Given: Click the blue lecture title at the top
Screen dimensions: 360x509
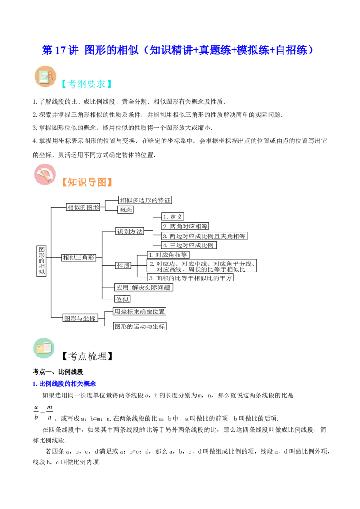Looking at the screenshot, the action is point(178,50).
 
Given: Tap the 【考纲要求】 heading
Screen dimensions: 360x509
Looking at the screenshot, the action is point(86,84).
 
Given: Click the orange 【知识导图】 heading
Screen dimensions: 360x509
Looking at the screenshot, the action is point(87,182).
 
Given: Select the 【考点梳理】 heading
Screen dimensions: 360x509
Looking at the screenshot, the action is point(87,356).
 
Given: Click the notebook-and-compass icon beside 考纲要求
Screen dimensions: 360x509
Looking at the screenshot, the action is point(45,76).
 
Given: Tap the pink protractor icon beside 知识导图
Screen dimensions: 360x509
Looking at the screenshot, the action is point(45,174).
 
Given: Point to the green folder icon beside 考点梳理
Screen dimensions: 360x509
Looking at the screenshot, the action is point(44,348).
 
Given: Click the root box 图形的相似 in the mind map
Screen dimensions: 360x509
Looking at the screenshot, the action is point(41,261).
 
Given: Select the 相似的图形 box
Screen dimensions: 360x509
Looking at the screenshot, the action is point(83,207).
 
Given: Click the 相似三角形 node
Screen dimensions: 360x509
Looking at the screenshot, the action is point(79,258).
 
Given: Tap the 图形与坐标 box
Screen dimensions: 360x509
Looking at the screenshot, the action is point(80,318).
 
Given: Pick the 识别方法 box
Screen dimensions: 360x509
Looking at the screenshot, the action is point(130,231).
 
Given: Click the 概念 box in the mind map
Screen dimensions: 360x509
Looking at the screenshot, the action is point(126,210).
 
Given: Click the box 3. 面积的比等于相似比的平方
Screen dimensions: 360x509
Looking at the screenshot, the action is point(190,278).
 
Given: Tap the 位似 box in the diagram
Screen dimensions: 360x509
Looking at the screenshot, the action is point(122,299).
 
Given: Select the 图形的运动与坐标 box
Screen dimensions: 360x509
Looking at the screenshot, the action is point(139,326).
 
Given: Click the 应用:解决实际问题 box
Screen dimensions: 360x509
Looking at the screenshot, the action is point(144,287).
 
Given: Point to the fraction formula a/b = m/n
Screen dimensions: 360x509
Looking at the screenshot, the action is point(43,412).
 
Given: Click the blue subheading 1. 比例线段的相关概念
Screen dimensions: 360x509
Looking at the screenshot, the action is point(64,384).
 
